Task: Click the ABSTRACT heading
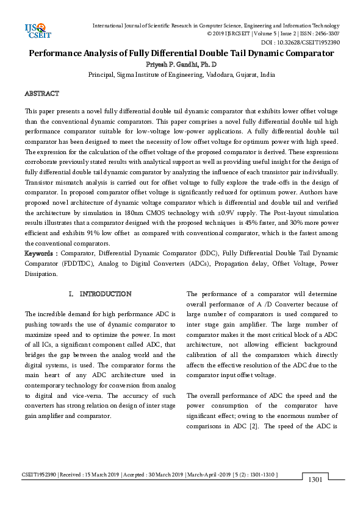coord(41,94)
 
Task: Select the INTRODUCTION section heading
coord(106,294)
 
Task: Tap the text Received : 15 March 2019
coord(91,474)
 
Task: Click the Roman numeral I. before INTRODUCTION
coord(72,294)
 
